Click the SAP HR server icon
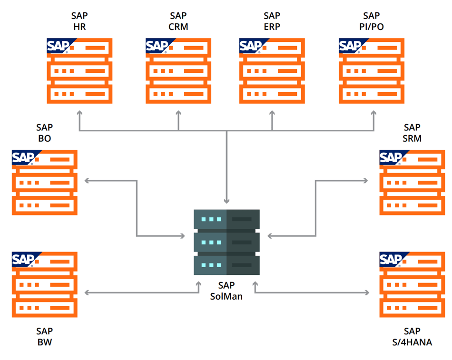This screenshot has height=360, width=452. point(79,71)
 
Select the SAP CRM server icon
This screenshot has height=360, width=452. point(178,71)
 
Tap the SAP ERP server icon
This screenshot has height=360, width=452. point(272,71)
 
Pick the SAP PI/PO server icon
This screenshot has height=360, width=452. point(371,71)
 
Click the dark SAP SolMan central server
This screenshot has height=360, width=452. point(226,242)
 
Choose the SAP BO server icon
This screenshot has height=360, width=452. point(44,183)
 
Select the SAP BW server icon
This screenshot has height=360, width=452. point(44,284)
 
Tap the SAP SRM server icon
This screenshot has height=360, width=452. point(412,183)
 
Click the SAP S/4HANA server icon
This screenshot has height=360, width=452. point(412,284)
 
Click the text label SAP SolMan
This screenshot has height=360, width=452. point(226,291)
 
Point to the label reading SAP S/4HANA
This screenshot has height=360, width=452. point(412,336)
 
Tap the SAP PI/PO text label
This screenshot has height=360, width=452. point(372,21)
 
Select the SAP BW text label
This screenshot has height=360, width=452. point(44,336)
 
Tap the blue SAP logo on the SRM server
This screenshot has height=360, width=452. point(391,157)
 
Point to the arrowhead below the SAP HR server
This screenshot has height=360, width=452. point(79,114)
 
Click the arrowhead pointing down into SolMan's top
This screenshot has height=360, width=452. point(226,201)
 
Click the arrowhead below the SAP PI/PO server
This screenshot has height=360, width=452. point(373,114)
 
